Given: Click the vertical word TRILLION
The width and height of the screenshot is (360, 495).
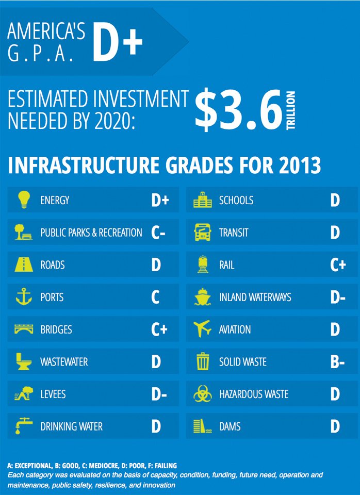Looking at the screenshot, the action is click(x=291, y=110).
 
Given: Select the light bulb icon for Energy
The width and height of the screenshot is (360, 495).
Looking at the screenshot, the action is click(x=24, y=200).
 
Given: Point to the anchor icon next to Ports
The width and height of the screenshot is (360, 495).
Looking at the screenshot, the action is click(x=24, y=296).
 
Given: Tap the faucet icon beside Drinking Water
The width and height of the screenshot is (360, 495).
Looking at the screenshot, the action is click(x=24, y=426).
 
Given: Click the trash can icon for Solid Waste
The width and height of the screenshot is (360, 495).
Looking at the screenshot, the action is click(x=202, y=361).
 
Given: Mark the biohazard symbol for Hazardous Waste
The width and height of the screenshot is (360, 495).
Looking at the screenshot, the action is click(x=202, y=393).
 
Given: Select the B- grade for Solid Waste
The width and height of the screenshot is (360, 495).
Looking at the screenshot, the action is click(x=338, y=362).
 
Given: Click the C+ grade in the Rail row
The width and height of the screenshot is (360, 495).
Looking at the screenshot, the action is click(x=338, y=265).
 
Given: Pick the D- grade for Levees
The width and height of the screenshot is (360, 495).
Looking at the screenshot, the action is click(x=159, y=394).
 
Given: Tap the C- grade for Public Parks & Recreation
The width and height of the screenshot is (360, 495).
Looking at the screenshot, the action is click(x=158, y=233).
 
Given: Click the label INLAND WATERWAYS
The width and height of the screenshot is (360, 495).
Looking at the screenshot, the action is click(x=255, y=297).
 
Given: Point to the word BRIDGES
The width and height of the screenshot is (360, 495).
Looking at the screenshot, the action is click(x=56, y=329).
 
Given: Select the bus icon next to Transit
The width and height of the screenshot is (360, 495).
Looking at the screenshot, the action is click(x=202, y=232).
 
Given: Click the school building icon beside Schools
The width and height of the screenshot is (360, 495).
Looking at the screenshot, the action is click(x=202, y=200).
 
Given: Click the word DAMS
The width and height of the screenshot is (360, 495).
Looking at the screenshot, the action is click(x=230, y=426).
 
